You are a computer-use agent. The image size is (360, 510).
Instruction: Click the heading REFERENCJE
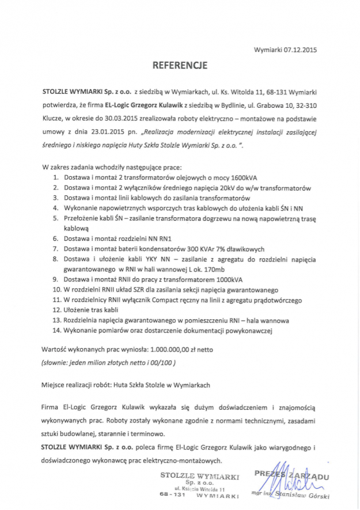click(180, 66)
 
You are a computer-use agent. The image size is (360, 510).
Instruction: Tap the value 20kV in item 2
click(223, 188)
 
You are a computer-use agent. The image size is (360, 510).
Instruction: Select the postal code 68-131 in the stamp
click(172, 495)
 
